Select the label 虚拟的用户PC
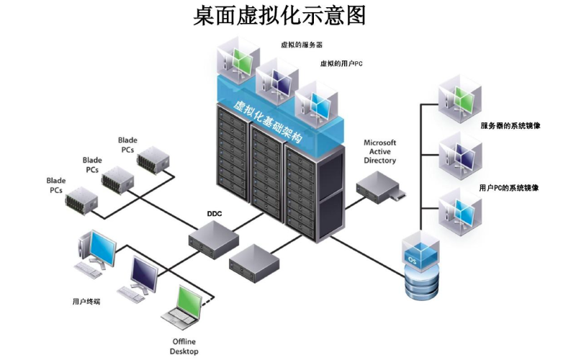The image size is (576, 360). point(341,63)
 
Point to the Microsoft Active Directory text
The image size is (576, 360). point(379,152)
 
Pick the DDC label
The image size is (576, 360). point(214,214)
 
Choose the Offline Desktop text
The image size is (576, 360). point(184,346)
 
